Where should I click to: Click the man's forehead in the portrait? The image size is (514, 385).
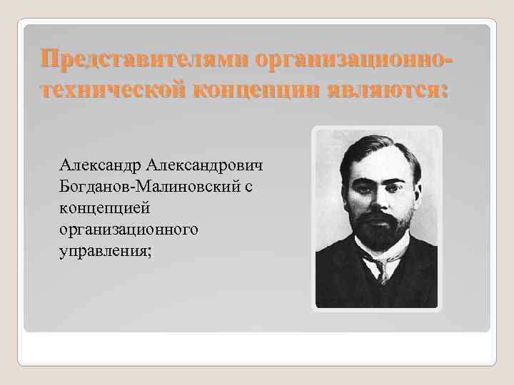click(377, 163)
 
